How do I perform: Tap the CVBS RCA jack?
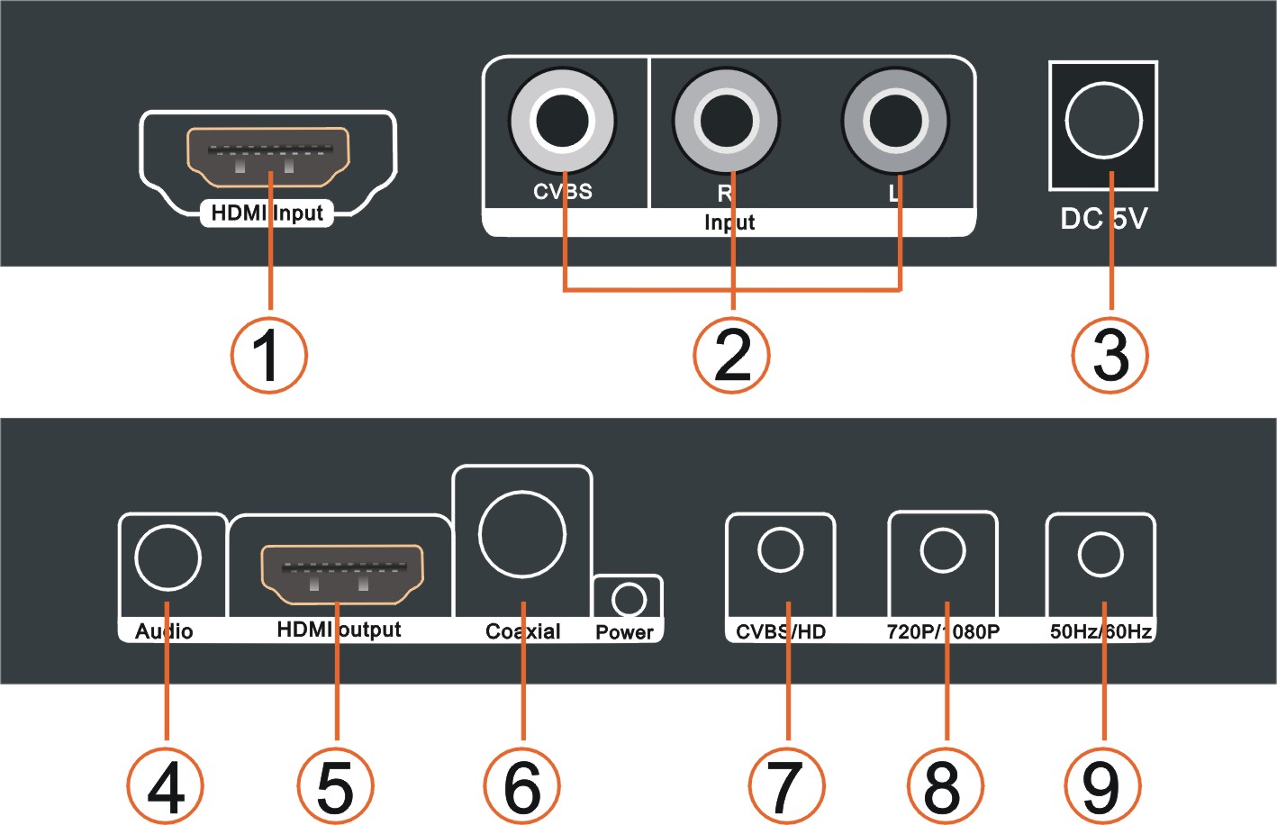pos(562,120)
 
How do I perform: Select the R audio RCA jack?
pos(726,120)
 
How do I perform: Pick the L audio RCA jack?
pos(894,120)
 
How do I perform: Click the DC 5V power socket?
pos(1103,120)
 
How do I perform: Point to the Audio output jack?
pos(168,558)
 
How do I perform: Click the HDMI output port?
pos(341,574)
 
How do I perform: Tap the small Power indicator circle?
pos(629,600)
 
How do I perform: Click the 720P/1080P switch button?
pos(943,550)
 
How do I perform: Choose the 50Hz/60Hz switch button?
pos(1100,554)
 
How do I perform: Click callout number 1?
pos(268,355)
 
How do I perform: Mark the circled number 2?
pos(731,355)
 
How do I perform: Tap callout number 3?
pos(1110,355)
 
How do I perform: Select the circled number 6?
pos(522,785)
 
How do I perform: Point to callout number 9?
pos(1101,785)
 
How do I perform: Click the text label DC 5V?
pos(1103,219)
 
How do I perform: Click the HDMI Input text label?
pos(267,213)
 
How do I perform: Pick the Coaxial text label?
pos(522,631)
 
